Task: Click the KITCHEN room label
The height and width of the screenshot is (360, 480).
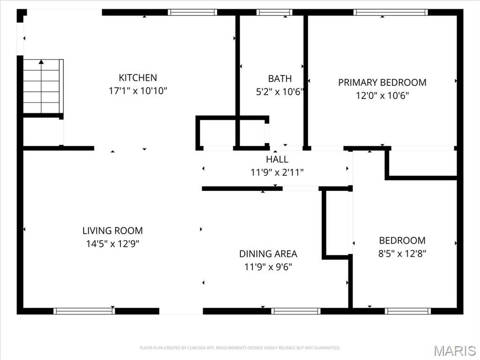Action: click(x=138, y=78)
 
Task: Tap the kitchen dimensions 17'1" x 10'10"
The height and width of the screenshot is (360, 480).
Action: click(x=138, y=91)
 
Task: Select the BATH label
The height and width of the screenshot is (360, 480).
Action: click(x=280, y=79)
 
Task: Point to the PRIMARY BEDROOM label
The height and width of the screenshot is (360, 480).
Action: click(x=382, y=82)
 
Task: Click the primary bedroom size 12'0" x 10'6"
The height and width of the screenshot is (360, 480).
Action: click(x=382, y=96)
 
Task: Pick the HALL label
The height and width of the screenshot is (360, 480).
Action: click(x=277, y=159)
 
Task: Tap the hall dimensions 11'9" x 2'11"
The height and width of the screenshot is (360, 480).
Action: click(x=277, y=172)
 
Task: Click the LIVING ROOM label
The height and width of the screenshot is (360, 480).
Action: click(x=112, y=231)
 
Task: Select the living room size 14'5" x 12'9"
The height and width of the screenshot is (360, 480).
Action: click(x=112, y=244)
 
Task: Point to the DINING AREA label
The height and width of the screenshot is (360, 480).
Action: click(x=268, y=254)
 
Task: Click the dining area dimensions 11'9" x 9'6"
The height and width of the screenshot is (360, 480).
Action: click(x=268, y=267)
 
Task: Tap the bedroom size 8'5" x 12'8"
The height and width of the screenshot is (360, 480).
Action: click(x=402, y=254)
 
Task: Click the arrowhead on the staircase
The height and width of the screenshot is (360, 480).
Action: click(x=41, y=62)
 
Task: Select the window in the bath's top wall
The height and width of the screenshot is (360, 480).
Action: click(x=274, y=12)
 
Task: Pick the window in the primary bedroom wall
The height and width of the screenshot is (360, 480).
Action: click(x=390, y=12)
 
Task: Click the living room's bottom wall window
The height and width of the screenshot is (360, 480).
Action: click(x=84, y=311)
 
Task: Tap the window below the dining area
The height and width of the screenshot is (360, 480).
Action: click(x=296, y=311)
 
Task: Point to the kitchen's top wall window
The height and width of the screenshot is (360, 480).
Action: click(x=192, y=12)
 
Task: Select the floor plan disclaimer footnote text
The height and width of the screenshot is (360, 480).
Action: click(x=240, y=348)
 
